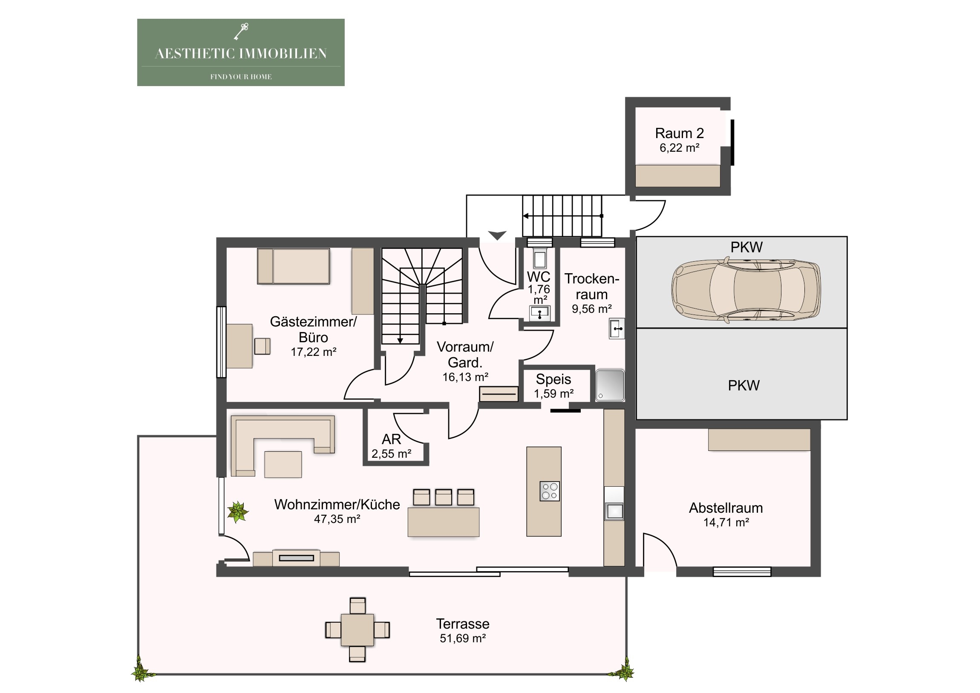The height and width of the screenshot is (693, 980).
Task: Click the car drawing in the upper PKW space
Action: pos(746,289)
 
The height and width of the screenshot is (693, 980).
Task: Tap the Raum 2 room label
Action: pos(679,133)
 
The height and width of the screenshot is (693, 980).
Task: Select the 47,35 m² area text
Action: pos(337,519)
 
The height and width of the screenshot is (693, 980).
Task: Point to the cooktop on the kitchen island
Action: pos(550,491)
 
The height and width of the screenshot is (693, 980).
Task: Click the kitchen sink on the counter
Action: pos(614,511)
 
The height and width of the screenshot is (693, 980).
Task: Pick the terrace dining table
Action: pos(357,630)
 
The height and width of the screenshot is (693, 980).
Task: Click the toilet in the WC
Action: pos(540,259)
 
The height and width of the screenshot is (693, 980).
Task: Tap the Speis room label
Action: pos(553,379)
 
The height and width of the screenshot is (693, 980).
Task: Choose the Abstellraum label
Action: pos(726,508)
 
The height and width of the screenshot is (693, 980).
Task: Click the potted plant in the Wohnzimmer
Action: pos(237,511)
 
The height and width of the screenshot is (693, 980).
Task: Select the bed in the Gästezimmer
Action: pos(293,266)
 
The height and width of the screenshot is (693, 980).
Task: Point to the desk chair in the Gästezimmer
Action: pos(262,346)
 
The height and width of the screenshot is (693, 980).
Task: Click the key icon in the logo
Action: pos(241,32)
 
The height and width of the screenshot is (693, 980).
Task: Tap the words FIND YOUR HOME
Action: pos(241,77)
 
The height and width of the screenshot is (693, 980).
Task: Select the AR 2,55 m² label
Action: pos(392,446)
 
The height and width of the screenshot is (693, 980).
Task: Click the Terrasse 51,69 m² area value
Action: pos(463,638)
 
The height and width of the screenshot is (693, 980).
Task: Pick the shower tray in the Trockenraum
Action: pos(610,386)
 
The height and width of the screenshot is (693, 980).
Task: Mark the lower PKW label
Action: pos(744,386)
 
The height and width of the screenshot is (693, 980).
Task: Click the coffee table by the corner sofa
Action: pos(283,464)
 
